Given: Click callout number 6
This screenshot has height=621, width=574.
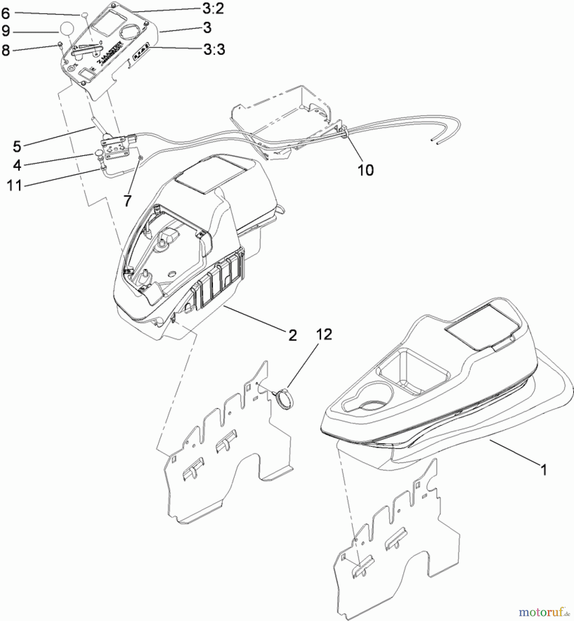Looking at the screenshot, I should click(6, 13).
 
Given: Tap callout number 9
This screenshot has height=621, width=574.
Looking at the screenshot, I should click(6, 31).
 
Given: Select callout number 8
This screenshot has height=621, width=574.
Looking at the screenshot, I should click(6, 50).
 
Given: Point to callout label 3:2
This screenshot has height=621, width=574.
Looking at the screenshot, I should click(213, 9).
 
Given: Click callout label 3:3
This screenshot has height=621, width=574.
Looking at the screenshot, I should click(214, 49).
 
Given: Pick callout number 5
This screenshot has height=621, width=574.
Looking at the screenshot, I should click(17, 146).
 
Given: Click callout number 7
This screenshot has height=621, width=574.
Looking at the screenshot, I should click(127, 200).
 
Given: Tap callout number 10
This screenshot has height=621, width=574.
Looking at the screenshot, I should click(366, 170).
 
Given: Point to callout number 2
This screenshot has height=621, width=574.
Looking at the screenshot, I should click(292, 335).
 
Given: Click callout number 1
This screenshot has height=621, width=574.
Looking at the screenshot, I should click(544, 470).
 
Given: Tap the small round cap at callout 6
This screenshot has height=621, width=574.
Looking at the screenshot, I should click(84, 15).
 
